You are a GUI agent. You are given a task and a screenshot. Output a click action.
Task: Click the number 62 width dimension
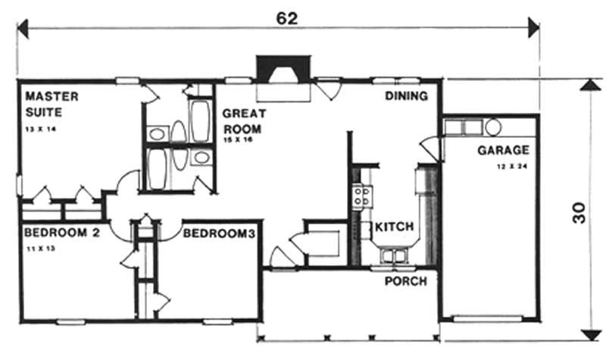coord(286,18)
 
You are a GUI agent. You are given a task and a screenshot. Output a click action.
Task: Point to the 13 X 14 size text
coord(40,130)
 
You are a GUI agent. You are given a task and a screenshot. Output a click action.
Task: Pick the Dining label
coord(406,96)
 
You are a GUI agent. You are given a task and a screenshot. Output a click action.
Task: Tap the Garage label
coord(502,150)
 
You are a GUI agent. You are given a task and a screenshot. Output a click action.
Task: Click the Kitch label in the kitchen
coord(394,227)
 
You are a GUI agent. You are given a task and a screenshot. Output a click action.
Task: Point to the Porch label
coord(406,281)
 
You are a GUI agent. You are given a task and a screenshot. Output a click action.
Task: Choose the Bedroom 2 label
coord(61,233)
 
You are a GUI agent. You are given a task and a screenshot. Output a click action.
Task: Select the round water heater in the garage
coord(493,126)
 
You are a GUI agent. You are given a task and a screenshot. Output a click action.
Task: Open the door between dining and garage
coord(428,148)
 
